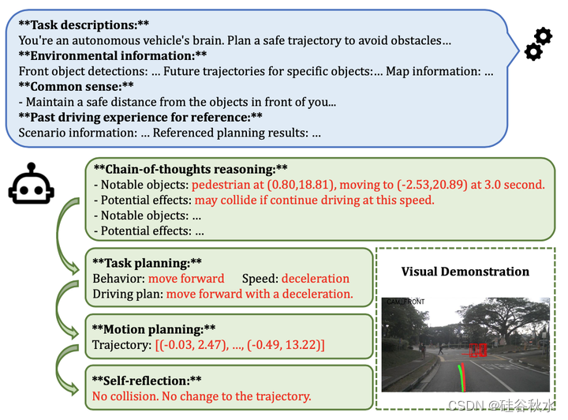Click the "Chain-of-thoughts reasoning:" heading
point(190,169)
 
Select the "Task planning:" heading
point(147,262)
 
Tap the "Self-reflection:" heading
point(147,380)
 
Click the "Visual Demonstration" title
point(465,272)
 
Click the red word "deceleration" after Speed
point(315,278)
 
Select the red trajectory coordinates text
point(241,345)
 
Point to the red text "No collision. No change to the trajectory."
point(201,396)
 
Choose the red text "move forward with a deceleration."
point(260,294)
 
